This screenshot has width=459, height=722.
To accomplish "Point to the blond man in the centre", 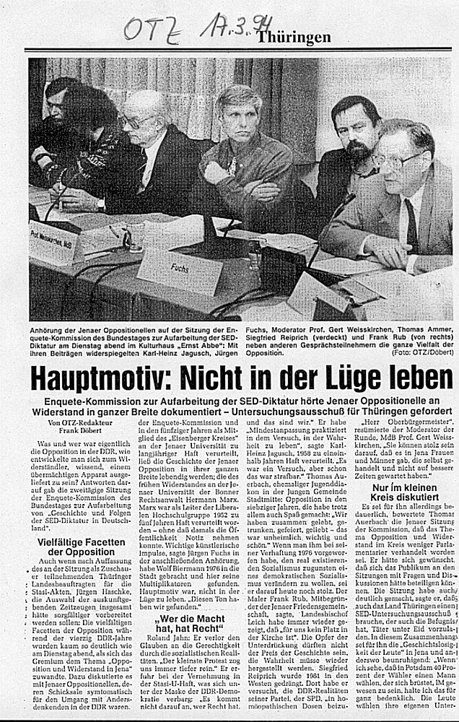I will pos(245,144).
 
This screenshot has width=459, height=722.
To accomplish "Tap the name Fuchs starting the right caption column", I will pos(254,327).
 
